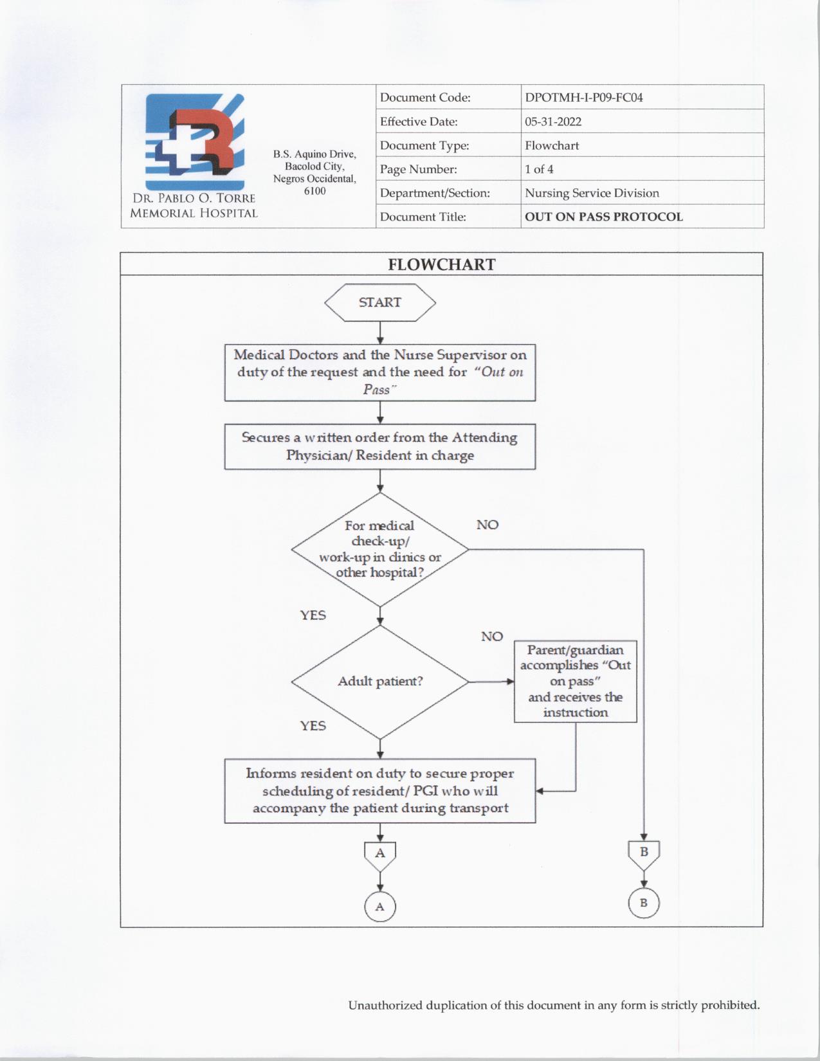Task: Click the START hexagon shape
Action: [x=379, y=302]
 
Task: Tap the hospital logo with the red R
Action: [x=195, y=140]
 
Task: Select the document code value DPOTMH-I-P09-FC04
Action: [x=583, y=98]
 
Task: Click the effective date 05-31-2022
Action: [x=552, y=122]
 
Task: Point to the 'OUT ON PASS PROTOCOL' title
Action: [x=603, y=217]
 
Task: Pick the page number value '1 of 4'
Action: [x=539, y=169]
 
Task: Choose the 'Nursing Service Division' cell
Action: [x=592, y=193]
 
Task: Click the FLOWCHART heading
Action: [x=441, y=265]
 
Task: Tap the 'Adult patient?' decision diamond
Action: [x=380, y=682]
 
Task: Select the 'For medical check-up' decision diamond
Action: [x=380, y=549]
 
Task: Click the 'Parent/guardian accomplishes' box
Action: [x=575, y=681]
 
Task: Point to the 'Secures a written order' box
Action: [x=379, y=446]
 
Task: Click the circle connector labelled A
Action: [x=380, y=907]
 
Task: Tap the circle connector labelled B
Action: [x=644, y=903]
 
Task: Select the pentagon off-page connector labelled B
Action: [x=644, y=853]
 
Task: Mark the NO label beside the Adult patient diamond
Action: [x=492, y=637]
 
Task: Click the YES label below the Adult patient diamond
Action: [x=313, y=726]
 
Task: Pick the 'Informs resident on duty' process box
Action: [x=379, y=791]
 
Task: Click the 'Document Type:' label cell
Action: [x=424, y=145]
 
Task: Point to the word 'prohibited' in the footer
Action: [x=730, y=1005]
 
